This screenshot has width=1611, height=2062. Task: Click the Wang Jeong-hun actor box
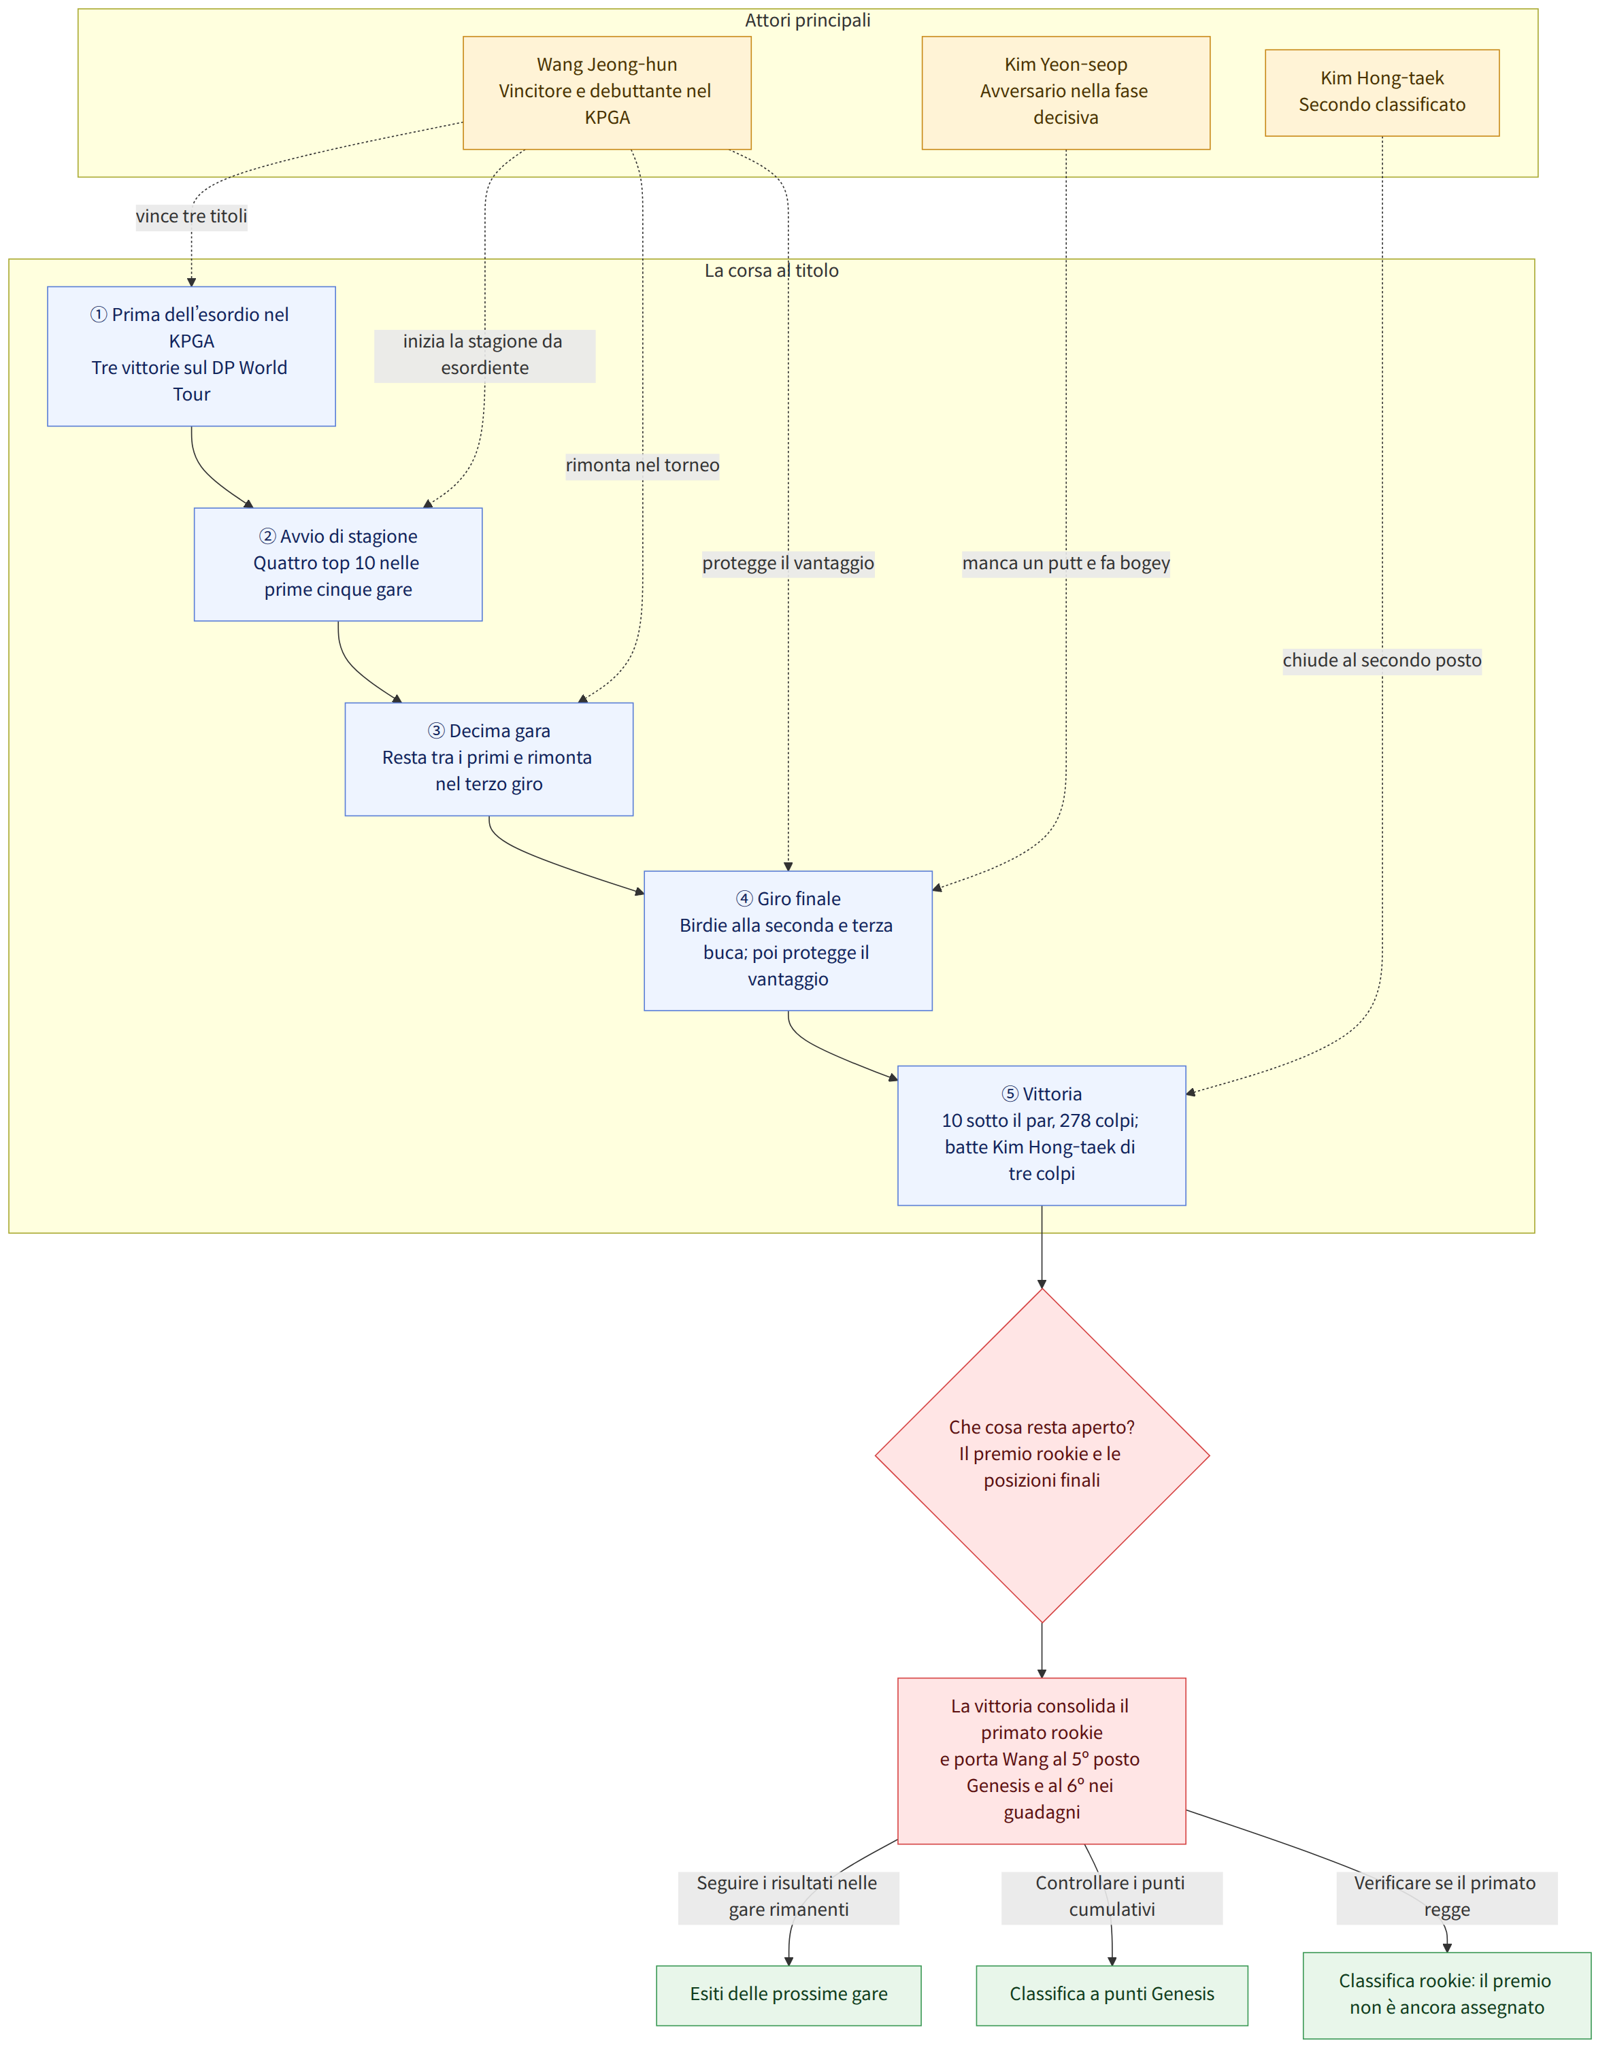click(x=608, y=92)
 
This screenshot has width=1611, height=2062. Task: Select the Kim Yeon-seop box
click(x=1066, y=92)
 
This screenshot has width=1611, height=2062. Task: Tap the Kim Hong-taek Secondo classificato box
click(x=1382, y=92)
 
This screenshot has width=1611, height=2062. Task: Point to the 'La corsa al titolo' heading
click(x=771, y=271)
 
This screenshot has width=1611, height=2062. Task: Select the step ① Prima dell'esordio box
click(x=192, y=356)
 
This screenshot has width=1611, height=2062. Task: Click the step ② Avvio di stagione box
click(x=338, y=564)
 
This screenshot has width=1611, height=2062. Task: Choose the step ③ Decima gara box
click(x=489, y=759)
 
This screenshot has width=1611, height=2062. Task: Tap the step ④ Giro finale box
click(x=788, y=941)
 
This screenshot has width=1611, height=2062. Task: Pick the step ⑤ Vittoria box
click(x=1042, y=1136)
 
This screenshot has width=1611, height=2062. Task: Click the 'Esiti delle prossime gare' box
click(x=789, y=1995)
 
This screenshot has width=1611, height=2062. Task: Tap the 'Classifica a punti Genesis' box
click(x=1112, y=1995)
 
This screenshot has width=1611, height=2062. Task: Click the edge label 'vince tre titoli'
click(x=192, y=216)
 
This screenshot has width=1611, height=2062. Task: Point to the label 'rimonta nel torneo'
click(x=643, y=465)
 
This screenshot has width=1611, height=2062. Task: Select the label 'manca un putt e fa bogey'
click(x=1066, y=564)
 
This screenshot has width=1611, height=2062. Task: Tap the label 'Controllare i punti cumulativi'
click(x=1112, y=1897)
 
